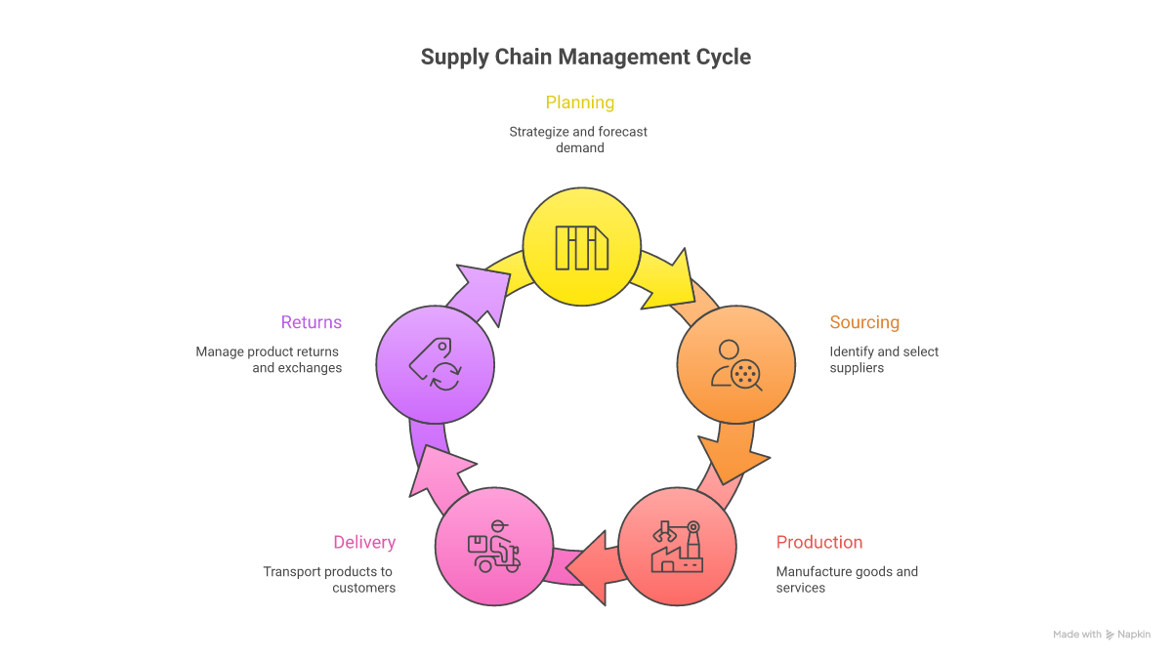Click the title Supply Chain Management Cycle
coord(586,57)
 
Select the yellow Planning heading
coord(580,103)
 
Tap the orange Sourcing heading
coord(864,322)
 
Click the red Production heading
coord(819,542)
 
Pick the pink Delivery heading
coord(364,542)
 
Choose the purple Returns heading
coord(312,322)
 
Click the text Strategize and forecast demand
coord(578,140)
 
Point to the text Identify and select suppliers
coord(884,359)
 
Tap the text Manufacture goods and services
coord(847,579)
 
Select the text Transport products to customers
coord(329,579)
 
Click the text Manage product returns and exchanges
coord(269,359)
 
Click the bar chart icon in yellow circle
coord(582,247)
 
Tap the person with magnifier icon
coord(736,365)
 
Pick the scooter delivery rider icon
coord(494,547)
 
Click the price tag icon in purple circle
coord(435,364)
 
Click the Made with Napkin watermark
coord(1102,635)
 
